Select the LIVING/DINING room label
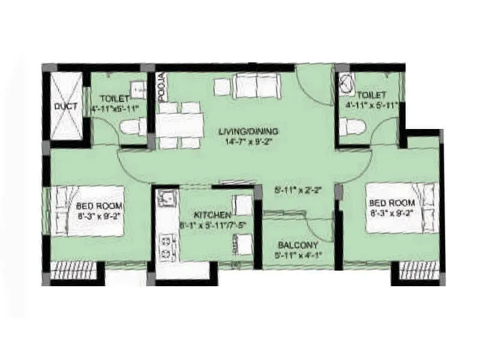[x=241, y=131]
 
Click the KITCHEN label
[x=212, y=215]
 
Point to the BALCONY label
[x=298, y=246]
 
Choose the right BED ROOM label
[x=388, y=202]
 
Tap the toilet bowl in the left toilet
[x=133, y=127]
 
